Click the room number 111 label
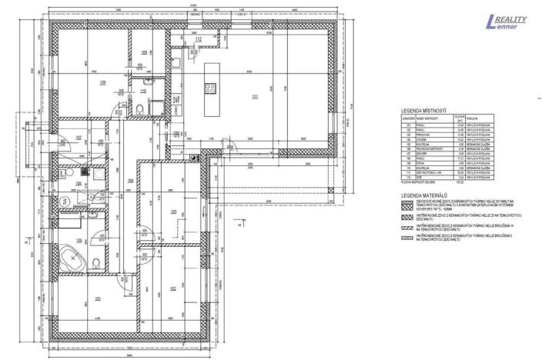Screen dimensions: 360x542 [254, 97]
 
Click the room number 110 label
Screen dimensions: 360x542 [143, 91]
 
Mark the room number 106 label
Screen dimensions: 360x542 [79, 184]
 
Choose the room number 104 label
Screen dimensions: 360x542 [130, 181]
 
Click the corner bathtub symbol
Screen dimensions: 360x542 [75, 259]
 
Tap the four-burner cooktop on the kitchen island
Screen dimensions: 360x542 [209, 88]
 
